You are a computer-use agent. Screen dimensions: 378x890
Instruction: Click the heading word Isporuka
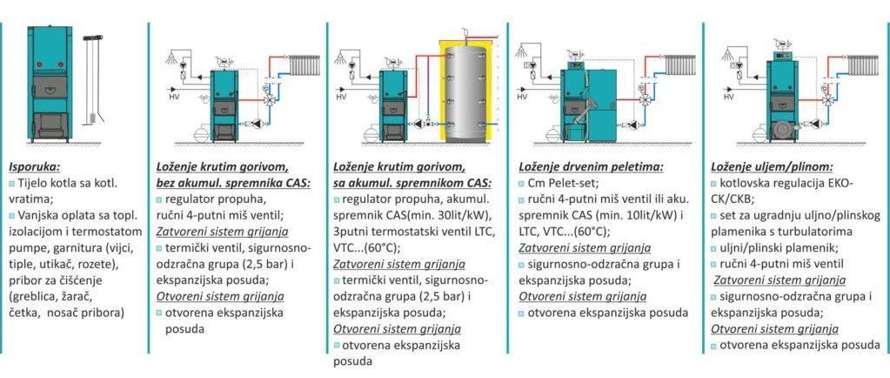[x=35, y=165]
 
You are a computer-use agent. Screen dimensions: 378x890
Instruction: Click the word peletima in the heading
[x=623, y=165]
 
